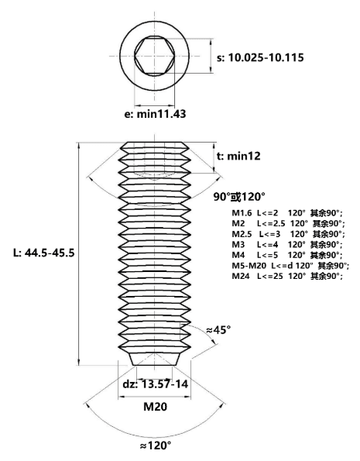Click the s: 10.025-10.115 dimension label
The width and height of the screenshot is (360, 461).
(260, 57)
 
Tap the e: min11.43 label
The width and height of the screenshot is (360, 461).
(155, 114)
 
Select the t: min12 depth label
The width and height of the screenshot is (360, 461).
(238, 156)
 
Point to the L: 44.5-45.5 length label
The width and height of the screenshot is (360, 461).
(44, 253)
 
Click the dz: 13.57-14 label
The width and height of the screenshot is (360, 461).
(156, 384)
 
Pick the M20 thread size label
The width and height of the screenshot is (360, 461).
(155, 407)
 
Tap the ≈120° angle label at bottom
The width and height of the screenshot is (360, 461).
(155, 446)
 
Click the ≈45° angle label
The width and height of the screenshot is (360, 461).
(218, 330)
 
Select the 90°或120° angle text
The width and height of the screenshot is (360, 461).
(239, 197)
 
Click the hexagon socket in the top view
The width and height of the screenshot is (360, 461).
(155, 56)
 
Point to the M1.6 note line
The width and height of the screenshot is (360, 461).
(287, 213)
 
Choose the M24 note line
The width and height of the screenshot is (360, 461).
(287, 276)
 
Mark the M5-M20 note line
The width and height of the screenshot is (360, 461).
(290, 266)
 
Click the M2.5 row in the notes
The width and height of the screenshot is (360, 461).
(288, 234)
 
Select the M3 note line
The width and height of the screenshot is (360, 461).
(287, 244)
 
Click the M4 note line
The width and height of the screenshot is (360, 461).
(287, 255)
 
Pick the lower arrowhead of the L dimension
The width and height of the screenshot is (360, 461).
(79, 362)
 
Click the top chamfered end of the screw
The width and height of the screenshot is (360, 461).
(155, 146)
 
